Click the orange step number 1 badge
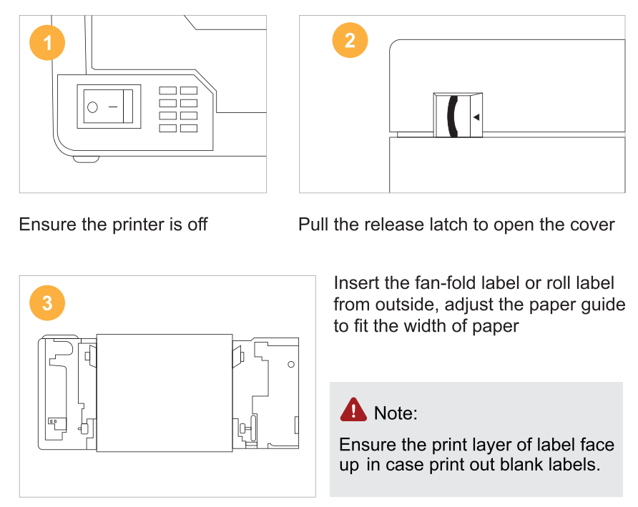(47, 44)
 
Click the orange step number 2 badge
(350, 40)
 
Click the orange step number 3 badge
(47, 303)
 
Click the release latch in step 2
(458, 115)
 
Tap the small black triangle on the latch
(476, 116)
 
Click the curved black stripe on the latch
(451, 116)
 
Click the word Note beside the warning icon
(396, 413)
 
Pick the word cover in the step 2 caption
(593, 225)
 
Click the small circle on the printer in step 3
(290, 365)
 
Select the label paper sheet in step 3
(164, 393)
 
